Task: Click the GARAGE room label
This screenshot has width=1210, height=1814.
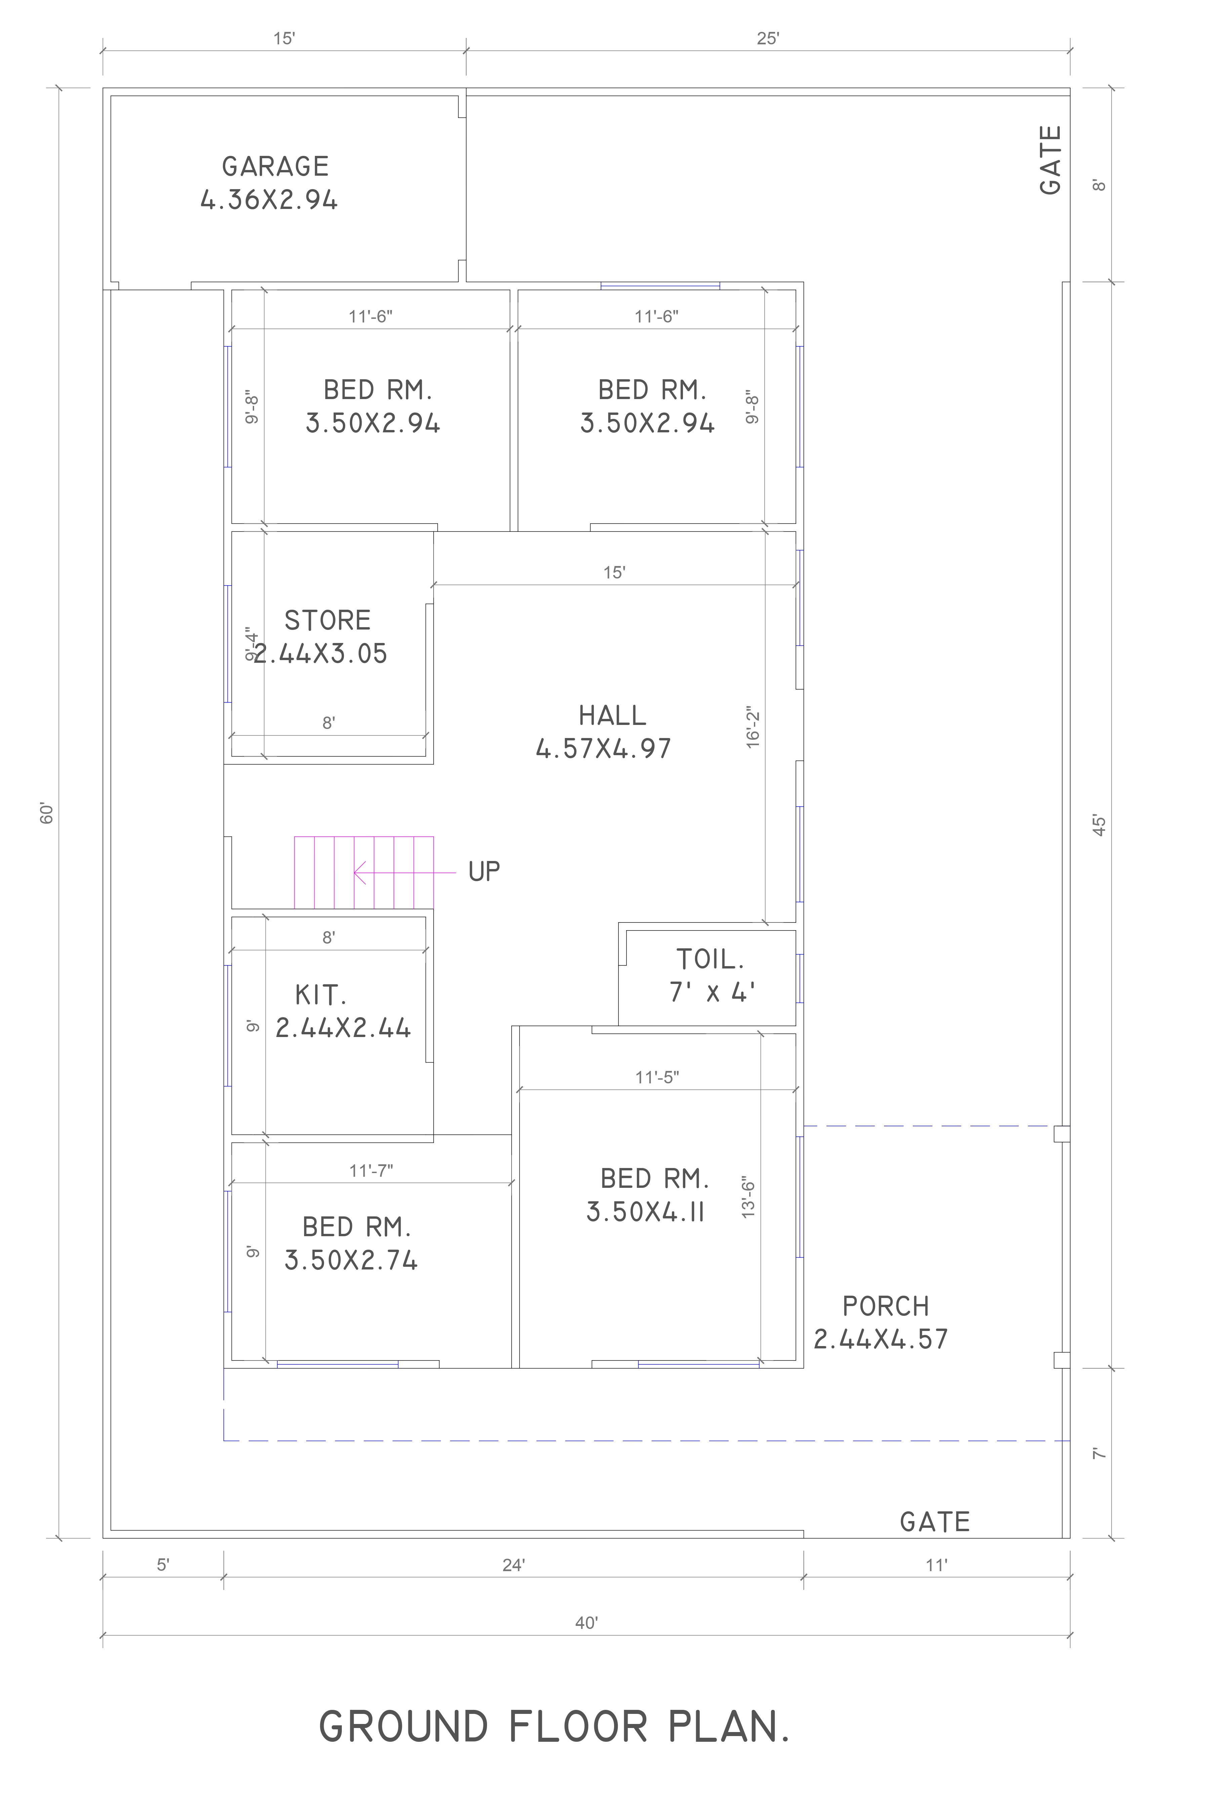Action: point(276,167)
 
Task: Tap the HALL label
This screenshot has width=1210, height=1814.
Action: point(612,716)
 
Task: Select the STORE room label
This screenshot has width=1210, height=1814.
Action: point(327,620)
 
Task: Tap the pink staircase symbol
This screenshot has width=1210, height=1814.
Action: point(363,872)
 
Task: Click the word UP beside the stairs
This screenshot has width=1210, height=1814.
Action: point(484,871)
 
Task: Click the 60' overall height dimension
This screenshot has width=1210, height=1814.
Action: point(47,814)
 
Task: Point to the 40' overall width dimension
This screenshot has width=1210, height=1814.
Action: point(586,1623)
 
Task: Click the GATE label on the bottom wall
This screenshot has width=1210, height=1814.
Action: point(934,1522)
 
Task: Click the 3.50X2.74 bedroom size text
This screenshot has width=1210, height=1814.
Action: point(351,1260)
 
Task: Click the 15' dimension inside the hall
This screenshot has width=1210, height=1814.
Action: point(613,572)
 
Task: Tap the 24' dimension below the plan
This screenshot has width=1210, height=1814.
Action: point(513,1565)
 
